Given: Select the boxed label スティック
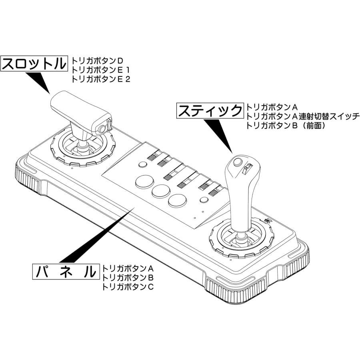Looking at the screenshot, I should click(x=210, y=111).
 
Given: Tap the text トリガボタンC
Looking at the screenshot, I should click(x=128, y=287).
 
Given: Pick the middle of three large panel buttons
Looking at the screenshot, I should click(x=160, y=190).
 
